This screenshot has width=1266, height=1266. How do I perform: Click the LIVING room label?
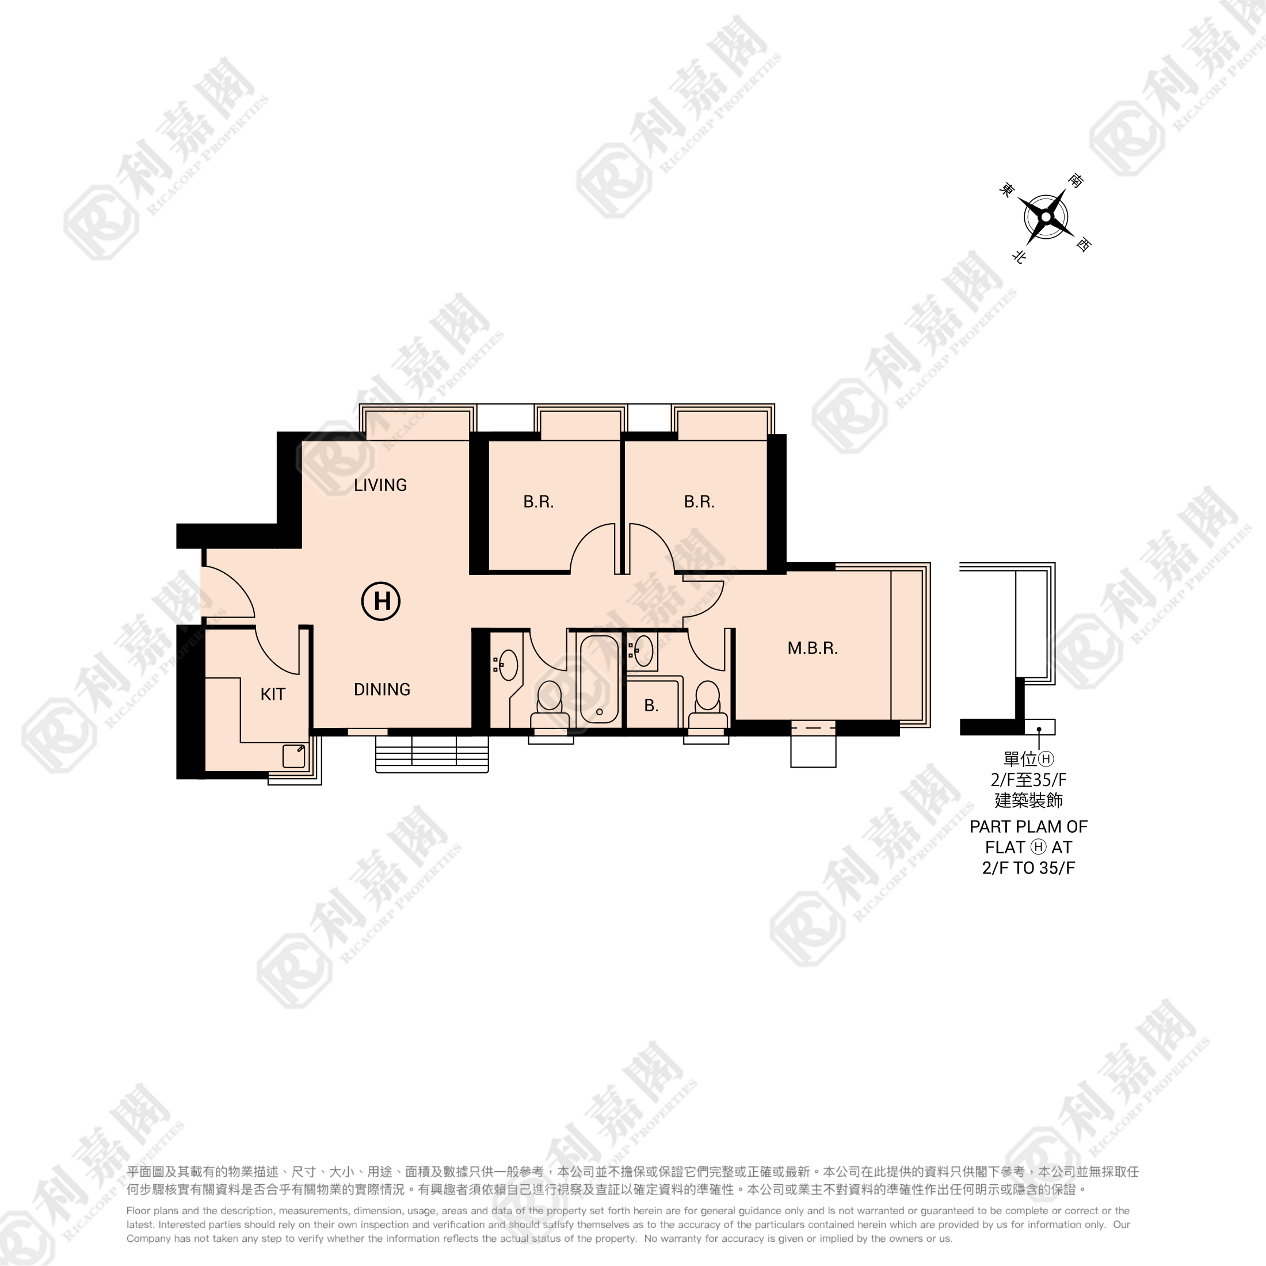(380, 485)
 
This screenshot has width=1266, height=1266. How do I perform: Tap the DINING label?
(382, 689)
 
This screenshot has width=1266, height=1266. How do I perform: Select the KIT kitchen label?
(273, 695)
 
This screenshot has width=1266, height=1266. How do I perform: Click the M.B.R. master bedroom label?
(813, 648)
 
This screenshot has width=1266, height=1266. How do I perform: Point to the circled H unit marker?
(382, 601)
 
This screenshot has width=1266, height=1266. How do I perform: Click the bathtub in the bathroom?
(599, 679)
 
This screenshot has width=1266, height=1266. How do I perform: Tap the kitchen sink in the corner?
(293, 756)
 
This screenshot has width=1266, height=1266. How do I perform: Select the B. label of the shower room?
(651, 706)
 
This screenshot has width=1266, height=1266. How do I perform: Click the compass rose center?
(1047, 217)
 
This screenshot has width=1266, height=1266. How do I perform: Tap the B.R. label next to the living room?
(539, 502)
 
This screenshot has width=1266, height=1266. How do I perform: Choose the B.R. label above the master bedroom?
(699, 502)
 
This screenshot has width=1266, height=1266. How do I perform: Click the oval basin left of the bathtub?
(508, 666)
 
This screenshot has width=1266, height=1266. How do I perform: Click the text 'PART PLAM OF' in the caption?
(1028, 827)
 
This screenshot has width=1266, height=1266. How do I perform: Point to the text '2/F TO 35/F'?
(1028, 868)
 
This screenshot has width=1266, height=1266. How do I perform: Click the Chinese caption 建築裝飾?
(1028, 800)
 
